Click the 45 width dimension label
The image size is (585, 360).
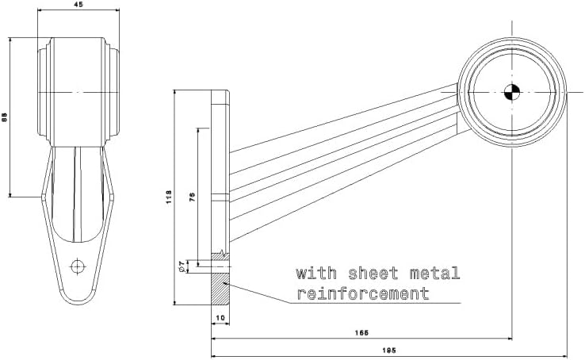(x=78, y=5)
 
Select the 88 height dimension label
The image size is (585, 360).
(x=5, y=117)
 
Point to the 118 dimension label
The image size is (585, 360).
(x=169, y=197)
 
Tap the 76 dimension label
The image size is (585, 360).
(x=192, y=197)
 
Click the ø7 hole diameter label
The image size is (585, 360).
(x=182, y=266)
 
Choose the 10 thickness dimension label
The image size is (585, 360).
(x=220, y=317)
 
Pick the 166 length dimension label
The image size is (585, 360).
(x=361, y=332)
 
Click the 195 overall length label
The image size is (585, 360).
(x=389, y=350)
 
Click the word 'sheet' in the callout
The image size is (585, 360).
(x=373, y=274)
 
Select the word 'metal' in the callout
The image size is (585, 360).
(x=435, y=274)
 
